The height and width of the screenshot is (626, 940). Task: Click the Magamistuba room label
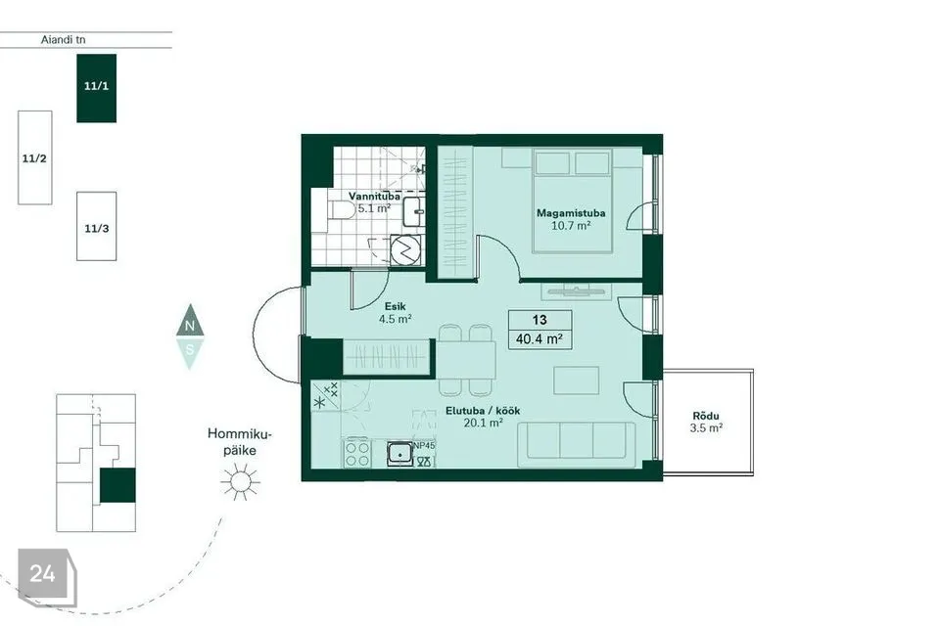click(x=570, y=212)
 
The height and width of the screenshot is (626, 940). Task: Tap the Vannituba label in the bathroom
click(x=375, y=196)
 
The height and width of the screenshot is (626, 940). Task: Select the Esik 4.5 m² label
click(x=395, y=313)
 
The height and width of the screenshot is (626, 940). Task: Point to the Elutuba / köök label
click(x=483, y=411)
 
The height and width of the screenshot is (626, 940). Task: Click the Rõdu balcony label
click(x=706, y=416)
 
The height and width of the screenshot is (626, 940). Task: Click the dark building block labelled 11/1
click(x=97, y=88)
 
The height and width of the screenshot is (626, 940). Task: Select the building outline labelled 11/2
click(x=35, y=157)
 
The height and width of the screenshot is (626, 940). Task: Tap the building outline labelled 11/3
click(x=97, y=227)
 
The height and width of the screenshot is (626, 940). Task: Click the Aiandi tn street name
click(x=63, y=39)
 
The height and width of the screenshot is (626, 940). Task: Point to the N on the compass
click(x=190, y=326)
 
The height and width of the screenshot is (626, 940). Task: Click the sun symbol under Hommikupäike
click(x=240, y=481)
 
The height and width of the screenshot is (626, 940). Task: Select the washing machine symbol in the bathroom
click(x=405, y=249)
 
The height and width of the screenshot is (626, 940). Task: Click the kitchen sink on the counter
click(x=399, y=453)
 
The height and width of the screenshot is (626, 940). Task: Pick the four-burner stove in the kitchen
click(x=356, y=454)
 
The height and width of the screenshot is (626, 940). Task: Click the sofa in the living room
click(x=577, y=444)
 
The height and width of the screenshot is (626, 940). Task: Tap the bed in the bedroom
click(x=572, y=201)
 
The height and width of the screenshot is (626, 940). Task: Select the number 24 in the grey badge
click(x=42, y=574)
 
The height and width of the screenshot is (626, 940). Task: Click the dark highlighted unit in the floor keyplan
click(x=117, y=485)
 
